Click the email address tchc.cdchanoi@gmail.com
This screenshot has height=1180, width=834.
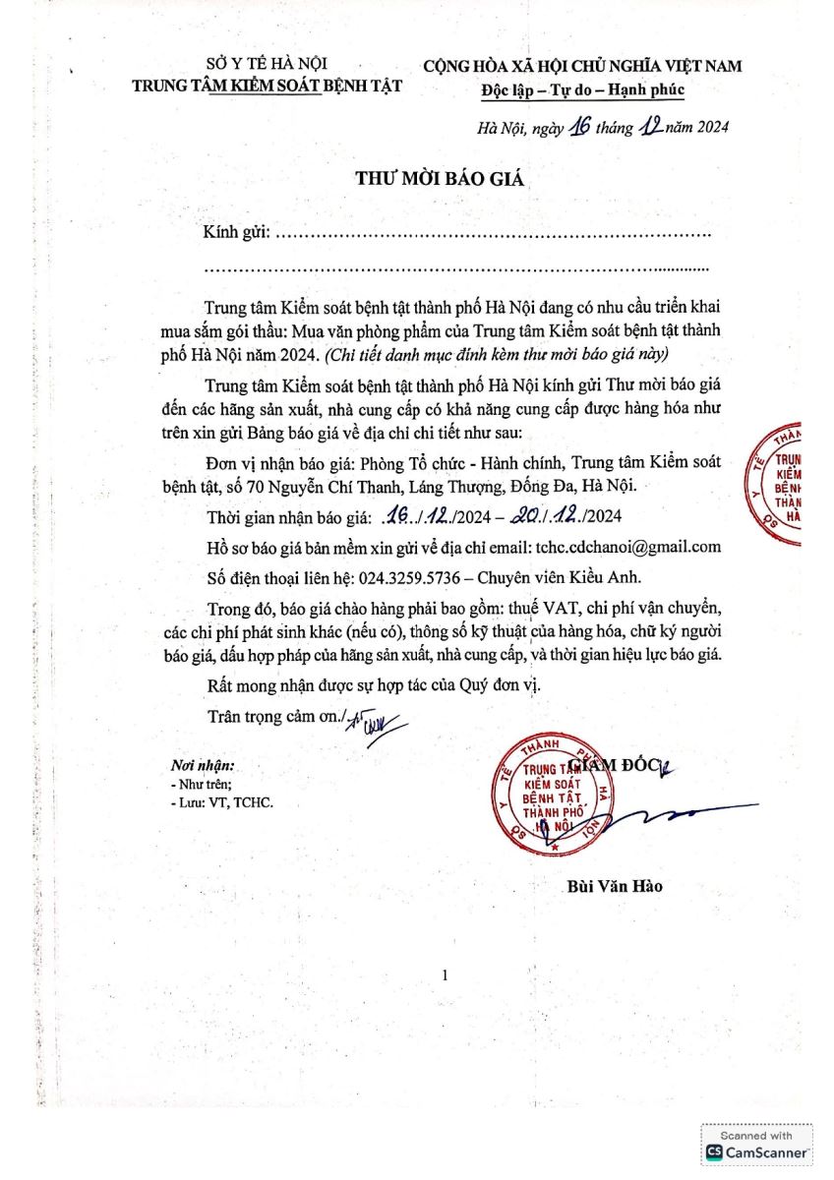point(627,548)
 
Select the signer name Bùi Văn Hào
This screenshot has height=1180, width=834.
point(616,886)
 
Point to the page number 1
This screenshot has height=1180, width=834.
point(446,974)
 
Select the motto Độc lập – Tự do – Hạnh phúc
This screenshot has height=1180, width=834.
point(583,89)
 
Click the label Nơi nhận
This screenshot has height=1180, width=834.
point(202,764)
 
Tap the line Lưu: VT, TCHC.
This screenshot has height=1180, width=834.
point(223,801)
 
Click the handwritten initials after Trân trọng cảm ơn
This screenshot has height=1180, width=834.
point(368,723)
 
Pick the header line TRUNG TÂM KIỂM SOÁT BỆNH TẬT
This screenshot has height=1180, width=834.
point(268,87)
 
